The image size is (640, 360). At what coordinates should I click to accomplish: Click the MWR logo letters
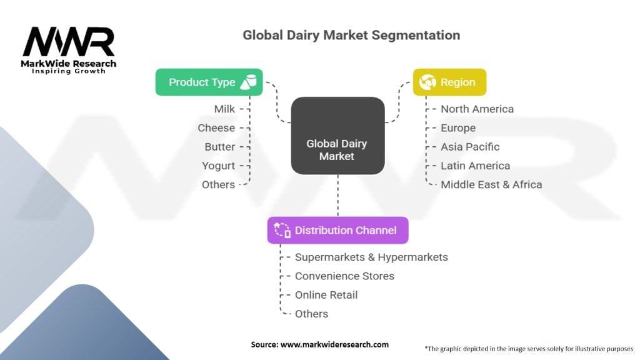(69, 42)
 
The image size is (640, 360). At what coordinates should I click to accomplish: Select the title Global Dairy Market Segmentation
(351, 35)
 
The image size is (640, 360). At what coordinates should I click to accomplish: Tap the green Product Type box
(209, 82)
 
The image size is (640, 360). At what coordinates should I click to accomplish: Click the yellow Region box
(449, 82)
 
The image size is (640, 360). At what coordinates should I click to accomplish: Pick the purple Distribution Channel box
(338, 230)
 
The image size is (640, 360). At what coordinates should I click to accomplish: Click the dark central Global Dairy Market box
(338, 136)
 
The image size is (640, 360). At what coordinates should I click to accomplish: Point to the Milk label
(224, 109)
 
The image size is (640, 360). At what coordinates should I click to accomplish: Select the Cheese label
(216, 127)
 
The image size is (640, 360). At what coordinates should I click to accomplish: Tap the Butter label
(219, 146)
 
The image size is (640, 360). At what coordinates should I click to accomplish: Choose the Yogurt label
(218, 166)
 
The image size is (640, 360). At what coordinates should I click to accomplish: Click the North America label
(477, 109)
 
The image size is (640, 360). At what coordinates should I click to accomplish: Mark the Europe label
(458, 128)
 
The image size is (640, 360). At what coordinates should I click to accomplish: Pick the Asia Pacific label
(470, 146)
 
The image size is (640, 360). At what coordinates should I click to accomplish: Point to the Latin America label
(475, 166)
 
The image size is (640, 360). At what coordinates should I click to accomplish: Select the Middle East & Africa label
(491, 184)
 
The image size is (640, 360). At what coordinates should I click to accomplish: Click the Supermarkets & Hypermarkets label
(371, 257)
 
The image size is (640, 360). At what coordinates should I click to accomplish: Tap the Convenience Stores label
(344, 276)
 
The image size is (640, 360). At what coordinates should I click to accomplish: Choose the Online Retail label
(326, 295)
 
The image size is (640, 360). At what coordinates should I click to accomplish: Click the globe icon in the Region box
(427, 82)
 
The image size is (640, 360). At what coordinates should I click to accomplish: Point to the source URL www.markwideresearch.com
(335, 344)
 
